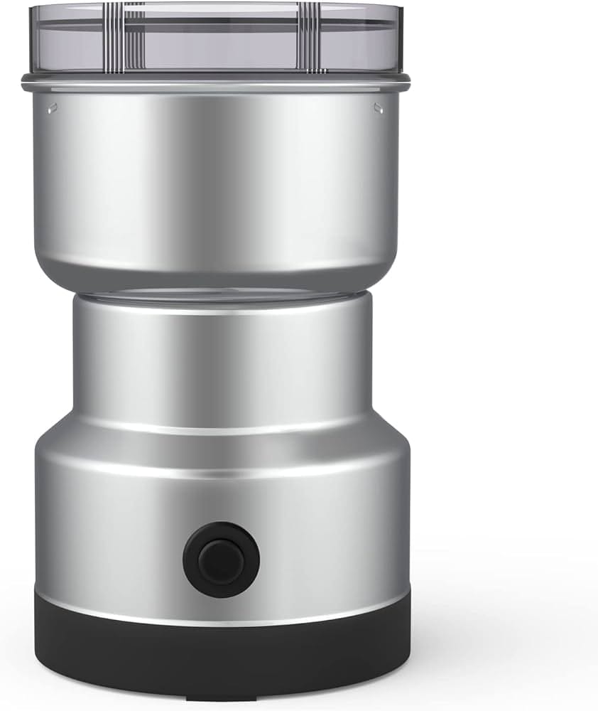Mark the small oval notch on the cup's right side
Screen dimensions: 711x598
point(378,108)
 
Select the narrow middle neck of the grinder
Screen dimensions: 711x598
point(220,355)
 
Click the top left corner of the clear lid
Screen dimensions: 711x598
point(33,9)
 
